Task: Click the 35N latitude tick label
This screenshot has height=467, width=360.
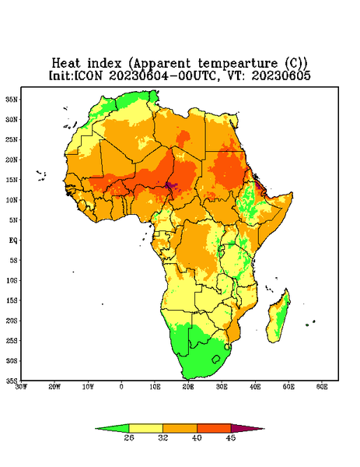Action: point(12,99)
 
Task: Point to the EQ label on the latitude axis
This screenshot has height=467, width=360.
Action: point(13,240)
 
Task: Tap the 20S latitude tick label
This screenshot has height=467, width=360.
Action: point(12,321)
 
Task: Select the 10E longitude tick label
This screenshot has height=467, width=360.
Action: point(155,387)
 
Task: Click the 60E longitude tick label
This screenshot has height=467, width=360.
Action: point(322,387)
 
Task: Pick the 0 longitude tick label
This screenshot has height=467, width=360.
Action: point(121,387)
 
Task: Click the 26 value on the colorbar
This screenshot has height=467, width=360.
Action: point(129,437)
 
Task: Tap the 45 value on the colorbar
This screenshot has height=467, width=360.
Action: point(231,437)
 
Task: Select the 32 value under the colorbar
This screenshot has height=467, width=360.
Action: point(163,437)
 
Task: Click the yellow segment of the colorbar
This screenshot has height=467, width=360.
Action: point(145,428)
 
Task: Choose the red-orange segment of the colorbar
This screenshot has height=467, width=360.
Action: point(214,428)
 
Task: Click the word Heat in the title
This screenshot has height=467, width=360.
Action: point(66,63)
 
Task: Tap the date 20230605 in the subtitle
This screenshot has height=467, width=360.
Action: point(281,75)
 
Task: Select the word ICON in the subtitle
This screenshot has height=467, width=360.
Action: point(88,75)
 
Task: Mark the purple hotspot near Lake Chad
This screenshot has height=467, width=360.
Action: point(171,186)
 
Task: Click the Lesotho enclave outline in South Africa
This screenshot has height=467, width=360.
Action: point(216,359)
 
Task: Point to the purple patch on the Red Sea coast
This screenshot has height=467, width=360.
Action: point(258,186)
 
